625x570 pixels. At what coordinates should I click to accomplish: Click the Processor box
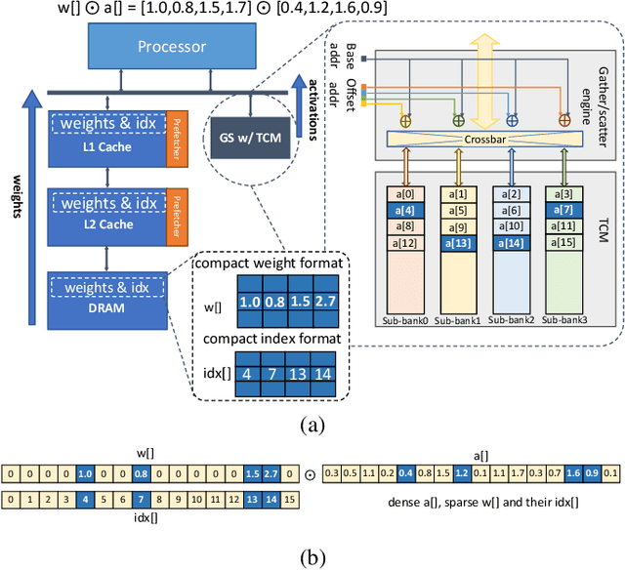[x=172, y=46]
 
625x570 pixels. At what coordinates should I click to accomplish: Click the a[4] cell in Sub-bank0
[x=408, y=211]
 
